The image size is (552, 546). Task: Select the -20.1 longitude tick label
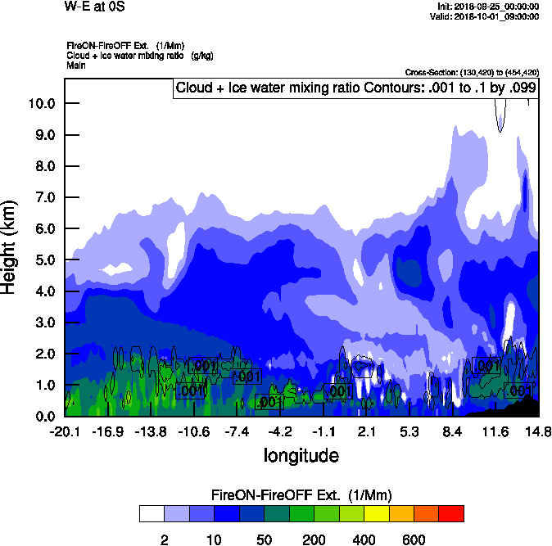[64, 431]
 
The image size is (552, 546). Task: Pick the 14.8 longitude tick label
[538, 431]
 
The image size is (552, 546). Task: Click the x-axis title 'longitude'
[301, 454]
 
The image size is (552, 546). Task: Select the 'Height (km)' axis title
[11, 247]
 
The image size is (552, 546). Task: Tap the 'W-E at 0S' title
[93, 7]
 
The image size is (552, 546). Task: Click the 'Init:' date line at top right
[489, 7]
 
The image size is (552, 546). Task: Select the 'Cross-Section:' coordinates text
[472, 72]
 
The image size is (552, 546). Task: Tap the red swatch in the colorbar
[451, 513]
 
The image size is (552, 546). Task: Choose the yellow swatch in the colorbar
[376, 513]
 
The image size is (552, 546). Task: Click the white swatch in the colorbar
[152, 513]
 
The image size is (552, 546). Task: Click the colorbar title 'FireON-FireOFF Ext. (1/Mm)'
[301, 495]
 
